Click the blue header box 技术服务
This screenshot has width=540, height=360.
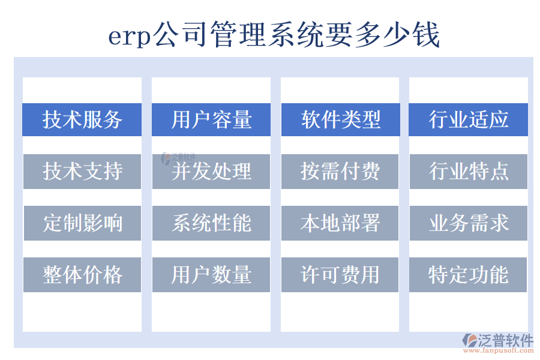coord(82,119)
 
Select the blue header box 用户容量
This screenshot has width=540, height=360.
coord(211,119)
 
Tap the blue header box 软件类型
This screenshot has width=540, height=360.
coord(340,119)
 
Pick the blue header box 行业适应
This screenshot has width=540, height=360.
coord(469,119)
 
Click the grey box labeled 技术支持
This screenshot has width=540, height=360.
coord(82,172)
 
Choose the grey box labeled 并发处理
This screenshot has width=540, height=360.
coord(211,172)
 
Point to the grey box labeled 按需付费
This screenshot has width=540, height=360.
coord(340,172)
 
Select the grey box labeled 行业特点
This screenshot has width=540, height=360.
coord(469,172)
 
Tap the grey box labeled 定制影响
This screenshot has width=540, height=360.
coord(82,223)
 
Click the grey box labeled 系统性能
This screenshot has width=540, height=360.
coord(211,223)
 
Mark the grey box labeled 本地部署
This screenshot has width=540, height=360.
coord(340,223)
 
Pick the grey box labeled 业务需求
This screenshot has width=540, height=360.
coord(469,223)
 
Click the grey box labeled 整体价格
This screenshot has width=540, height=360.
coord(82,275)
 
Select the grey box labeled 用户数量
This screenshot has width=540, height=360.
coord(211,275)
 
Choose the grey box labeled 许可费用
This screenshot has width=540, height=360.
coord(340,275)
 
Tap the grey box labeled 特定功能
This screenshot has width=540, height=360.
coord(469,275)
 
